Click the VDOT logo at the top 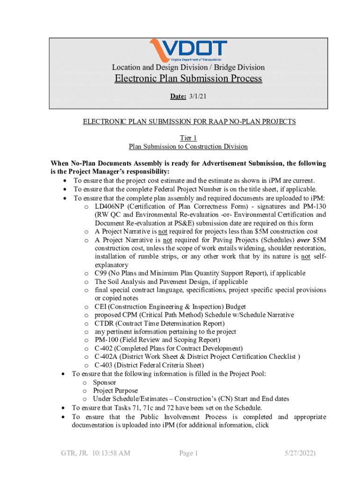click(188, 49)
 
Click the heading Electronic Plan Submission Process click(188, 78)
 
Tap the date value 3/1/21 click(196, 96)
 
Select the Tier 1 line click(188, 138)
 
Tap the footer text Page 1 click(189, 453)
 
